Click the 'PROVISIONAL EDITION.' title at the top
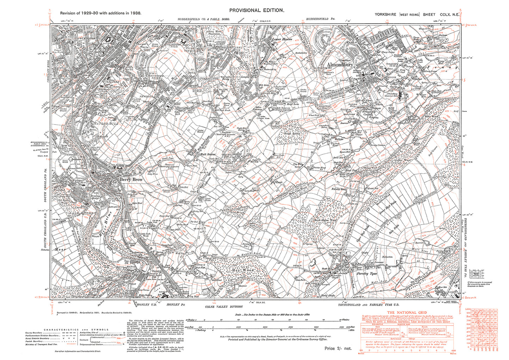click(x=256, y=11)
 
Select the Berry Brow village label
click(x=131, y=180)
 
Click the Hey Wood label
click(x=243, y=270)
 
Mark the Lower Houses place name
click(x=283, y=40)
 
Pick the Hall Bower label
click(x=208, y=154)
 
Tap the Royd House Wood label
click(x=325, y=220)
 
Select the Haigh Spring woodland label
click(x=291, y=134)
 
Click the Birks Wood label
click(x=431, y=116)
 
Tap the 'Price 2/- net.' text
click(x=338, y=348)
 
